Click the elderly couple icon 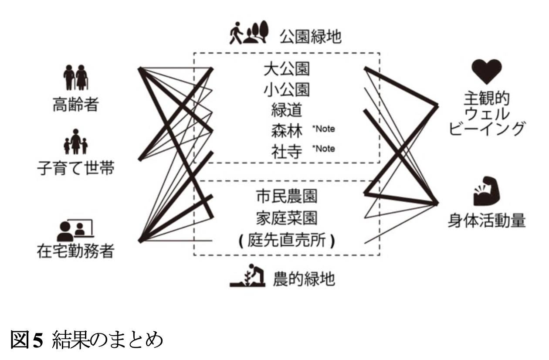[x=76, y=77]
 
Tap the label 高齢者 [x=76, y=104]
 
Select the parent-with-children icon [x=76, y=142]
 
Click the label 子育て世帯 [x=76, y=168]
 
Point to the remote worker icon [x=75, y=230]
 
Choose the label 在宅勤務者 [x=76, y=251]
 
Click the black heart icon [x=487, y=71]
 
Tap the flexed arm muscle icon [x=487, y=191]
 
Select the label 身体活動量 [x=487, y=221]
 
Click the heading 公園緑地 [x=311, y=37]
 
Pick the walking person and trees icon [x=249, y=33]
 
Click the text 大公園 [x=287, y=69]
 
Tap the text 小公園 [x=287, y=89]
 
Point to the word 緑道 [x=287, y=110]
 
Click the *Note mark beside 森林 [x=323, y=129]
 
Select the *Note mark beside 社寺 [x=323, y=149]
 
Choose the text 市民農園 [x=287, y=196]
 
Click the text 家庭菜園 [x=287, y=218]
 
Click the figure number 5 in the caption [x=38, y=340]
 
